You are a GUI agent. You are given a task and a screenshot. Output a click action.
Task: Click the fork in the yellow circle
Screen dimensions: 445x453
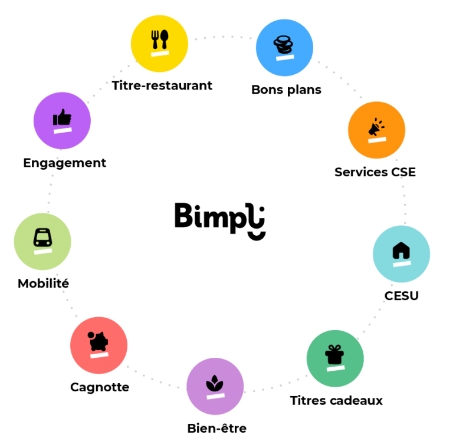coord(155,39)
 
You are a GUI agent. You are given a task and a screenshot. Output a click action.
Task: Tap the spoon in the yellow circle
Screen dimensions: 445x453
coord(165,38)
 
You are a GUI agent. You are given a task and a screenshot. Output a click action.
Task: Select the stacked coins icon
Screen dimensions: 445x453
coord(283,44)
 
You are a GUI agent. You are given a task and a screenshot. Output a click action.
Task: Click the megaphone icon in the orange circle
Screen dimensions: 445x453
coord(375,127)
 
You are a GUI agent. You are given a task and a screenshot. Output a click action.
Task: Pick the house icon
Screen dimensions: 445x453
coord(401,250)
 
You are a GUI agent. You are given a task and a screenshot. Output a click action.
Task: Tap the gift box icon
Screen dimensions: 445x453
coord(334,355)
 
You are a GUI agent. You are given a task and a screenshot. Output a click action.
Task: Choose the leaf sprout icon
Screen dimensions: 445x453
coord(214,384)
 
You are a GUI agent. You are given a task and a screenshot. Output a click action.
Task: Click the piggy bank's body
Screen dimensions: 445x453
coord(99,342)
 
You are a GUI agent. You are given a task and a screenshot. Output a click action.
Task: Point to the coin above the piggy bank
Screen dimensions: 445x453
coord(91,335)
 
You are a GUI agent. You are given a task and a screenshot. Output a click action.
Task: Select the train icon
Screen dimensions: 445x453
coord(42,238)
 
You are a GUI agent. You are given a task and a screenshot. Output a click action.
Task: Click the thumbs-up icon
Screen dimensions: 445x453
coord(62,118)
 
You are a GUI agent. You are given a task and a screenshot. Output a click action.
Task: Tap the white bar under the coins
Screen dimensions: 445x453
coord(285,57)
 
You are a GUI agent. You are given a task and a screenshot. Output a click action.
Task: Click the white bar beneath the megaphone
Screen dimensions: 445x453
coord(377,140)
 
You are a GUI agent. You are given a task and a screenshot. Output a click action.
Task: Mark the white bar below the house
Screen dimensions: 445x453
coord(402,263)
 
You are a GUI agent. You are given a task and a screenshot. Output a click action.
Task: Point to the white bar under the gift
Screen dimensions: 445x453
coord(336,368)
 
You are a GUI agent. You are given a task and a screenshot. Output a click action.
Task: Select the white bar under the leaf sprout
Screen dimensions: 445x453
coord(215,396)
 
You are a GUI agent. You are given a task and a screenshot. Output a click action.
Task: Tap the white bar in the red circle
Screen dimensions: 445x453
coord(99,355)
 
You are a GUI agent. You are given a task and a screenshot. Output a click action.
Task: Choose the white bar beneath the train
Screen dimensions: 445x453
coord(43,251)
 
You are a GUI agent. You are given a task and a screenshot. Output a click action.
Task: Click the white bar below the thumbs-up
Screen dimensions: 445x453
coord(63,130)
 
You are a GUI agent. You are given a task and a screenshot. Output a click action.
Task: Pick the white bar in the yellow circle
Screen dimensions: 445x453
coord(160,53)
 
